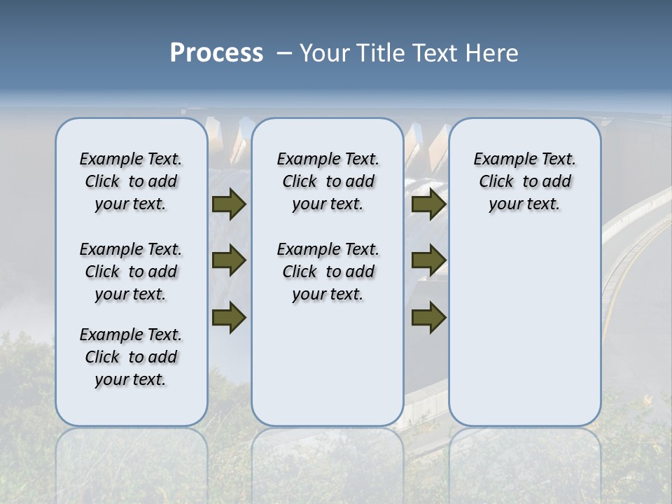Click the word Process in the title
point(216,53)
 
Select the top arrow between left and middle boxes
point(228,204)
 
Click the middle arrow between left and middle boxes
point(228,260)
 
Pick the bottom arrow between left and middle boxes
point(228,316)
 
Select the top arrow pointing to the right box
point(428,204)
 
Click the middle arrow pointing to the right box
point(428,260)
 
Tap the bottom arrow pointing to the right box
point(428,316)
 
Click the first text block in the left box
point(131,181)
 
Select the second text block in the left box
point(131,272)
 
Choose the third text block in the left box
point(131,357)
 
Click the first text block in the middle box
point(328,181)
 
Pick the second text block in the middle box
point(328,272)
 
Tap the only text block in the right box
point(525,181)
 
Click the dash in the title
point(285,53)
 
